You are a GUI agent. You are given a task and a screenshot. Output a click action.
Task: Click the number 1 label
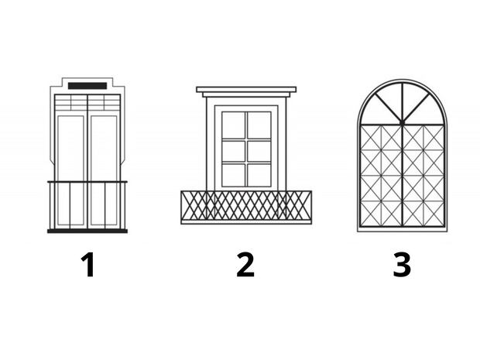[x=88, y=265]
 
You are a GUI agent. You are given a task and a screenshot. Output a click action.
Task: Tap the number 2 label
[x=245, y=265]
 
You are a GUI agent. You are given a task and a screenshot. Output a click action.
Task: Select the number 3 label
[x=402, y=265]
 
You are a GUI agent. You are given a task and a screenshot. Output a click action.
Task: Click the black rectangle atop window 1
[x=87, y=86]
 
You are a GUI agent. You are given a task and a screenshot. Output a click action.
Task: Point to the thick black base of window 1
[x=87, y=231]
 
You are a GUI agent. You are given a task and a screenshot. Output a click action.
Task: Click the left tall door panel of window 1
[x=70, y=171]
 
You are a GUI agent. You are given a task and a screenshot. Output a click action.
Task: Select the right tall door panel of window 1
[x=104, y=171]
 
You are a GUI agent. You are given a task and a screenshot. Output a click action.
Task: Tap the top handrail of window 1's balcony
[x=87, y=182]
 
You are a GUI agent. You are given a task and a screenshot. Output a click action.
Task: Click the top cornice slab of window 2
[x=246, y=90]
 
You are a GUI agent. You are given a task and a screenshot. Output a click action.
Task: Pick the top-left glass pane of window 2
[x=234, y=125]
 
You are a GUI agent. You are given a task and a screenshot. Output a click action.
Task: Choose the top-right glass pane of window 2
[x=259, y=125]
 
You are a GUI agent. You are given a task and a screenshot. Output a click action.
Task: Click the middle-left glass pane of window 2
[x=234, y=151]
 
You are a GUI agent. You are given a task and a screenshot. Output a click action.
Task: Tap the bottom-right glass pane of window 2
[x=259, y=175]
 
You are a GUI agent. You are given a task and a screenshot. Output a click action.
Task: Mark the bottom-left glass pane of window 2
[x=234, y=175]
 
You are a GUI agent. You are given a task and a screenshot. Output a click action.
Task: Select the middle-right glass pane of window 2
[x=259, y=151]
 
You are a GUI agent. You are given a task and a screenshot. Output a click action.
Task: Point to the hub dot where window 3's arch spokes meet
[x=403, y=122]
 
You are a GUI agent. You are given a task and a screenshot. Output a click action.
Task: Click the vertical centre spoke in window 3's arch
[x=403, y=102]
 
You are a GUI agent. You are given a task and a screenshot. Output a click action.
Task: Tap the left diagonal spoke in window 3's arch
[x=388, y=108]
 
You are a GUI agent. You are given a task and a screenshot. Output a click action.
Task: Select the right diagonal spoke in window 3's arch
[x=417, y=108]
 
